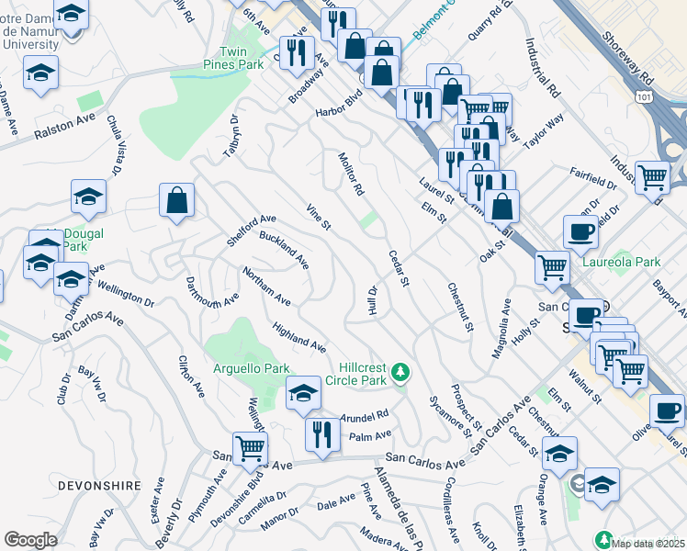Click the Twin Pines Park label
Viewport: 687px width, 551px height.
(x=231, y=59)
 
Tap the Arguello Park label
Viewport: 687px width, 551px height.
(x=245, y=368)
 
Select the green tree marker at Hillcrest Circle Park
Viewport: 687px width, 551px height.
(x=400, y=372)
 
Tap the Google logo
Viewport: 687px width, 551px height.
(x=30, y=539)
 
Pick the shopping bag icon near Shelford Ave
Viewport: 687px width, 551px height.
(x=176, y=200)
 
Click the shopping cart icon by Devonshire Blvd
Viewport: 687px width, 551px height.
(x=250, y=448)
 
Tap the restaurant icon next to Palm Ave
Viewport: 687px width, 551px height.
(x=321, y=433)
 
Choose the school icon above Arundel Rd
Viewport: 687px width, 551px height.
(x=303, y=392)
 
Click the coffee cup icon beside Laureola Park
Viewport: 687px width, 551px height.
(x=580, y=232)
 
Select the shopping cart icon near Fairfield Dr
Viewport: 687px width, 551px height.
(x=652, y=176)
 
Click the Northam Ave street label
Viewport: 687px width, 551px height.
(x=266, y=287)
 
